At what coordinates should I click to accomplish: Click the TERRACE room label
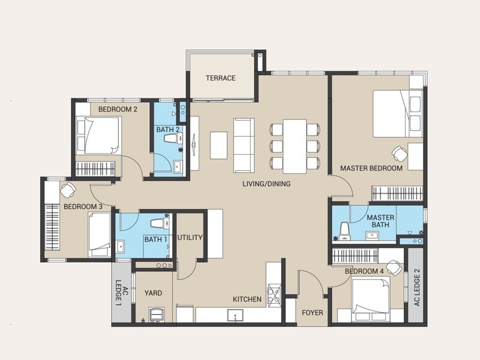pyautogui.click(x=220, y=78)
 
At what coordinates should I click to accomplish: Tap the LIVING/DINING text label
pyautogui.click(x=266, y=184)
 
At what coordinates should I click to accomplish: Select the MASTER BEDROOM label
pyautogui.click(x=371, y=168)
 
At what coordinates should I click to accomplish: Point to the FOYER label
pyautogui.click(x=312, y=313)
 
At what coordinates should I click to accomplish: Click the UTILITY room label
pyautogui.click(x=190, y=238)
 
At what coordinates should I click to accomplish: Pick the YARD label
pyautogui.click(x=153, y=293)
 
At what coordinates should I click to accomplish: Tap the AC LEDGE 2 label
pyautogui.click(x=417, y=287)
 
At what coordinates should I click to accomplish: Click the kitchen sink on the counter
pyautogui.click(x=235, y=316)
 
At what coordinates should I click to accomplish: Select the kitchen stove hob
pyautogui.click(x=274, y=293)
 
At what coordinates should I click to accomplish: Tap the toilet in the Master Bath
pyautogui.click(x=344, y=231)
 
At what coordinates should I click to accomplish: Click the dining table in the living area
pyautogui.click(x=295, y=146)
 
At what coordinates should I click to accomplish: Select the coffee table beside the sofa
pyautogui.click(x=218, y=145)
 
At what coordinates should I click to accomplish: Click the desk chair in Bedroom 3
pyautogui.click(x=68, y=190)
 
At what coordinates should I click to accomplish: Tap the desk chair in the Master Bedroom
pyautogui.click(x=400, y=154)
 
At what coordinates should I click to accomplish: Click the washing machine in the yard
pyautogui.click(x=157, y=314)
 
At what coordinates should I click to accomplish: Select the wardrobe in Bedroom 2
pyautogui.click(x=95, y=169)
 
